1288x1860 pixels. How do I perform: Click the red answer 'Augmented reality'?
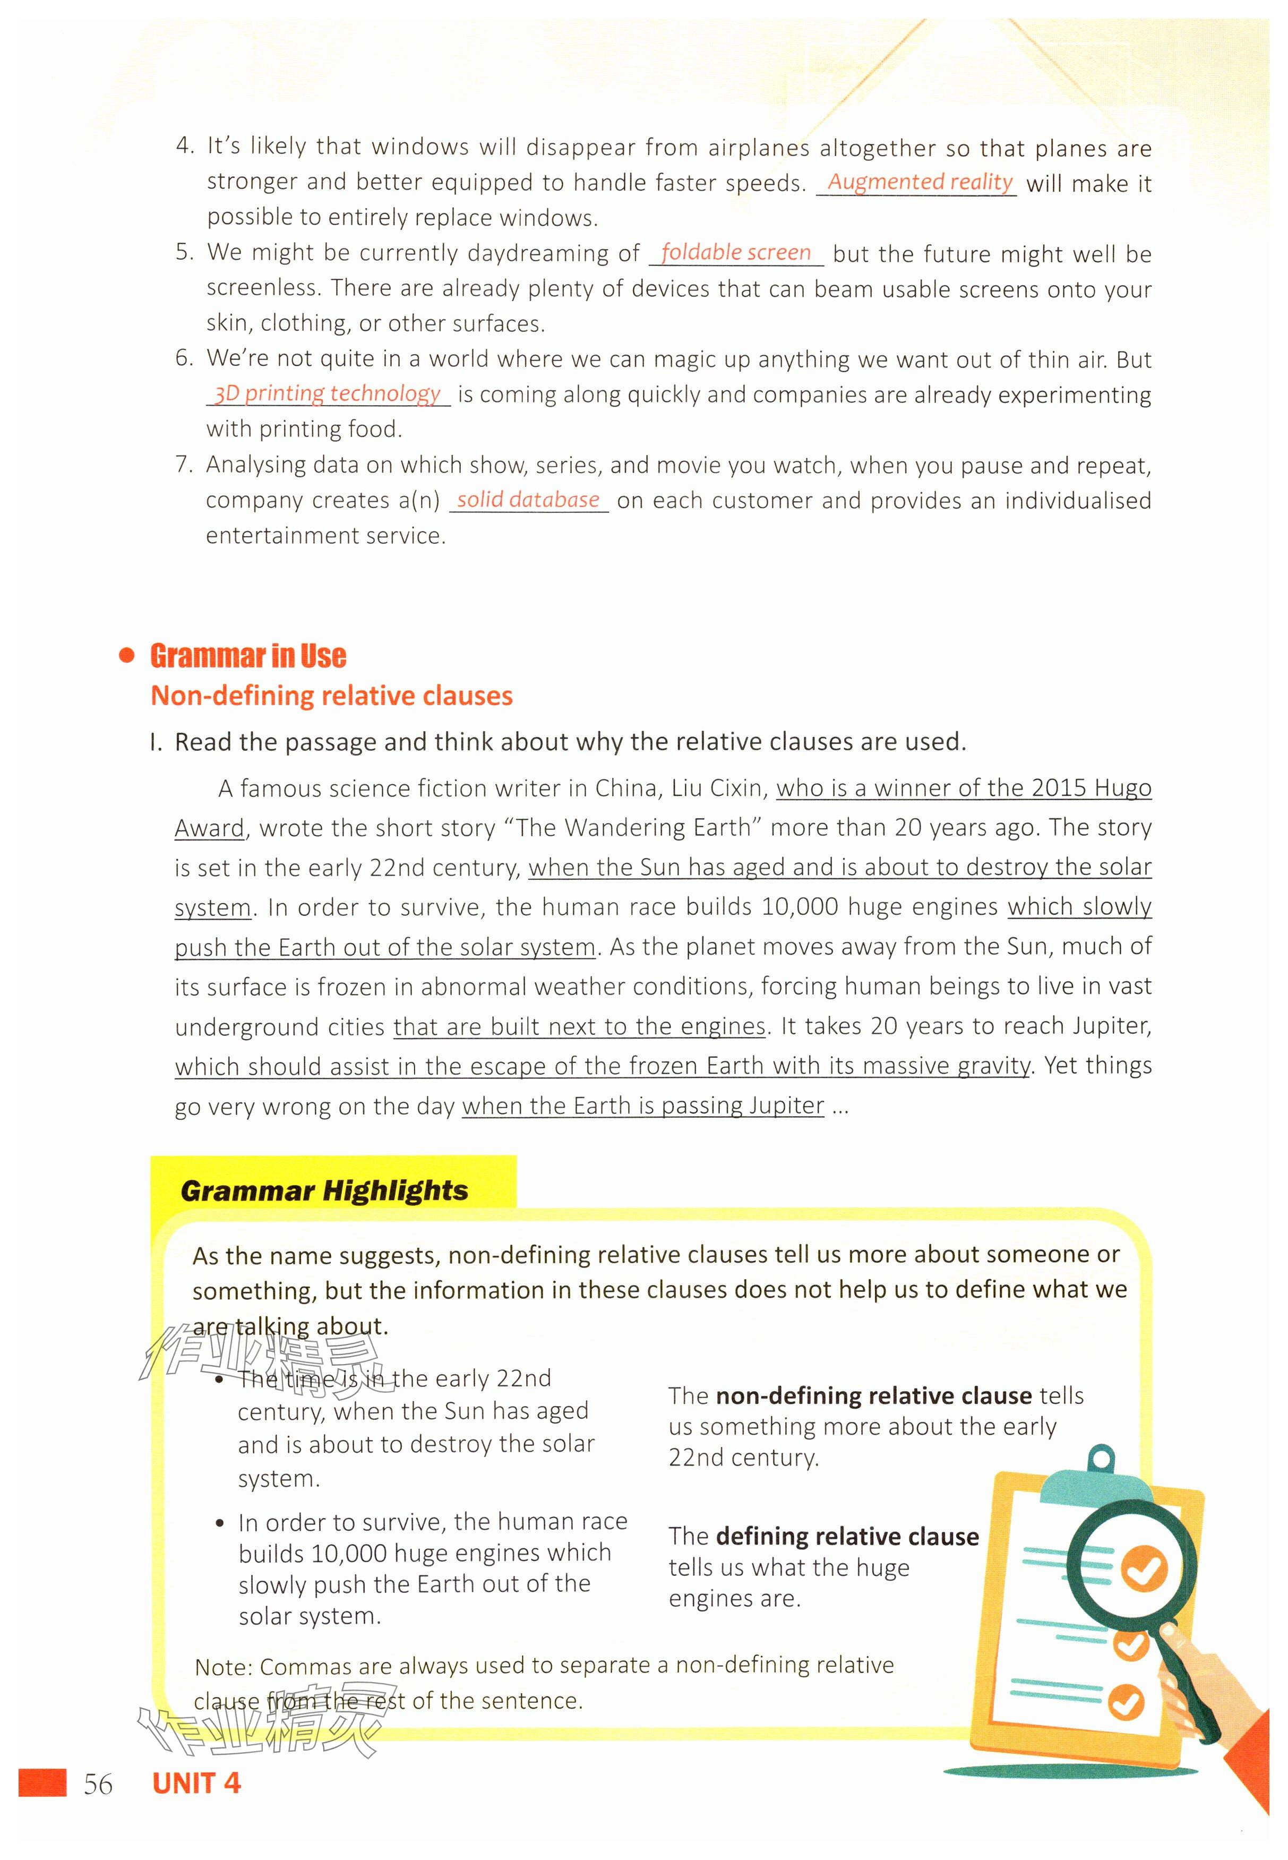tap(919, 182)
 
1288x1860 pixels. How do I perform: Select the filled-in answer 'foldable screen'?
tap(735, 253)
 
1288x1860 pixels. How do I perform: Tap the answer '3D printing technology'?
tap(328, 394)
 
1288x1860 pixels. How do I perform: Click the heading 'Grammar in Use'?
tap(248, 656)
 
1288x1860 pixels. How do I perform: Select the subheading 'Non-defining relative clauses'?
tap(332, 696)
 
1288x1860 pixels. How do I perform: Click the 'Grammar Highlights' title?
tap(324, 1190)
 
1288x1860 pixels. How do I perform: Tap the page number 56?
tap(98, 1784)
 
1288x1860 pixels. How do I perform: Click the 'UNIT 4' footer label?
tap(196, 1784)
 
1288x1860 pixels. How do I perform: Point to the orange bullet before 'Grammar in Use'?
tap(126, 655)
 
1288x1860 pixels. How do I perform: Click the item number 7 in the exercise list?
tap(184, 465)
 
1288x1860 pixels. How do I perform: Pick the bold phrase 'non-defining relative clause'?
tap(874, 1396)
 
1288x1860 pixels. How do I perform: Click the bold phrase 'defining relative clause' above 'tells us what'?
tap(847, 1537)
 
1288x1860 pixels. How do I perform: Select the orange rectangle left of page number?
tap(43, 1782)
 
